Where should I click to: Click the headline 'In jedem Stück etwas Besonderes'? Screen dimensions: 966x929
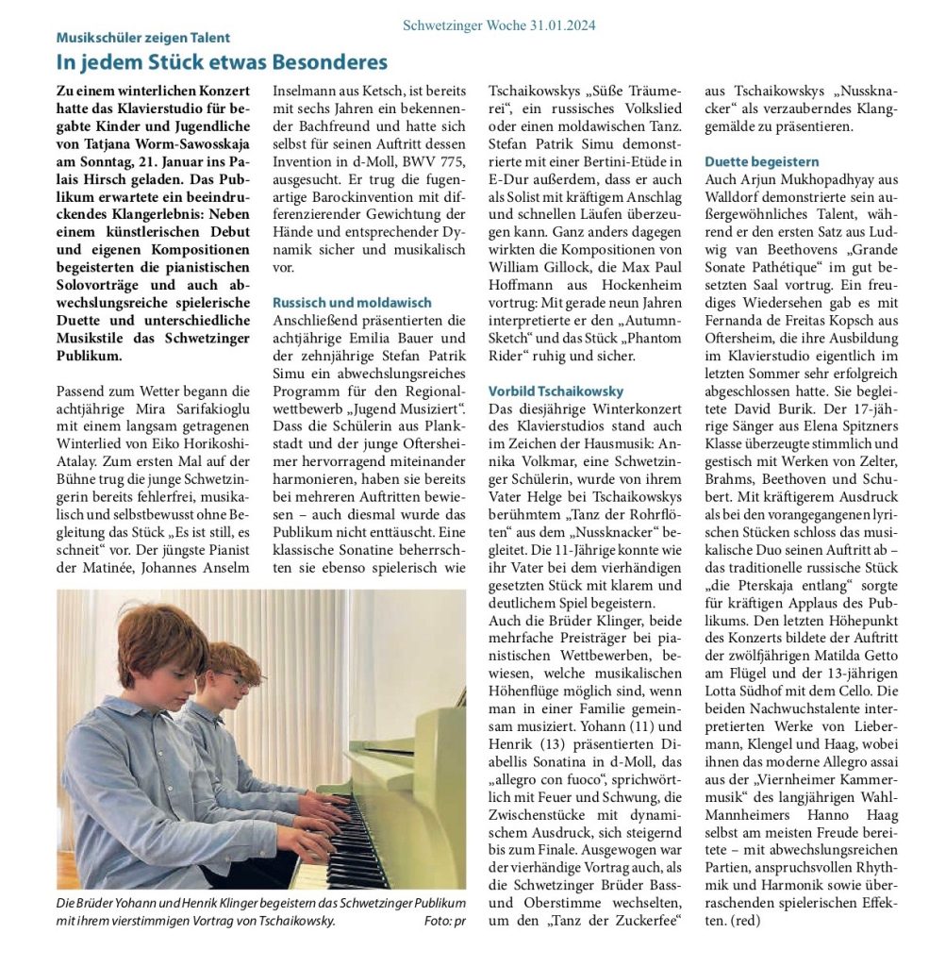click(x=222, y=63)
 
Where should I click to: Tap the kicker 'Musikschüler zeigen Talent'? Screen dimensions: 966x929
click(x=143, y=38)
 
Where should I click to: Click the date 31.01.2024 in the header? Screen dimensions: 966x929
click(x=556, y=25)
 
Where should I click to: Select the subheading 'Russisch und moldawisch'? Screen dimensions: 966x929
click(x=352, y=303)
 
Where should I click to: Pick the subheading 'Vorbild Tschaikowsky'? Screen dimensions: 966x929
click(x=556, y=391)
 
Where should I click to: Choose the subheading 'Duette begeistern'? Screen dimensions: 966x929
click(x=762, y=162)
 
